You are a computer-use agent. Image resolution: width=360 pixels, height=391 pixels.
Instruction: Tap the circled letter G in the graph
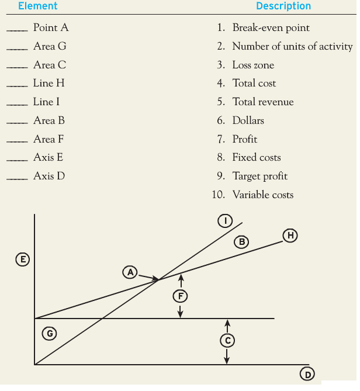pyautogui.click(x=50, y=333)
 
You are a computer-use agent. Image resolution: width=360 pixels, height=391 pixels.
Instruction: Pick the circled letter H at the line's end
pyautogui.click(x=290, y=236)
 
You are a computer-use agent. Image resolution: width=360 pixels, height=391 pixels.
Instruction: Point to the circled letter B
pyautogui.click(x=241, y=241)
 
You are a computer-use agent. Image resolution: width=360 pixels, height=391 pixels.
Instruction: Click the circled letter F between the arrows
pyautogui.click(x=181, y=296)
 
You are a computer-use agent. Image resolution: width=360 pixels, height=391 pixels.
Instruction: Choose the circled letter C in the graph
pyautogui.click(x=228, y=340)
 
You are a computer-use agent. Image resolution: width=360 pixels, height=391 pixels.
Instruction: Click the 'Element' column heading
pyautogui.click(x=38, y=6)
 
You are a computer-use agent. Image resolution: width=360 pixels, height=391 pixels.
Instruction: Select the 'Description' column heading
pyautogui.click(x=283, y=6)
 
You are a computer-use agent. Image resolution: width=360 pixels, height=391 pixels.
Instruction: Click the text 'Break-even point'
pyautogui.click(x=271, y=27)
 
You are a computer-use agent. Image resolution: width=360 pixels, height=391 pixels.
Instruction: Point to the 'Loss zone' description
pyautogui.click(x=253, y=65)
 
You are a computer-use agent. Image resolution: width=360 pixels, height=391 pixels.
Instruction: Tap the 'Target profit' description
pyautogui.click(x=259, y=176)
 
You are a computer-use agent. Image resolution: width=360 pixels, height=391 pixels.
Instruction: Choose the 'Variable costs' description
pyautogui.click(x=262, y=195)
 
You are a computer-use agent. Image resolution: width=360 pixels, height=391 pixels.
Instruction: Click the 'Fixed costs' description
pyautogui.click(x=256, y=157)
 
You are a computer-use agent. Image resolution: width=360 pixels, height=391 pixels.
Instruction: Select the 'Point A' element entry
pyautogui.click(x=51, y=27)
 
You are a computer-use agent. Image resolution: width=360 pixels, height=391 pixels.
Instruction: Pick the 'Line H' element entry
pyautogui.click(x=49, y=83)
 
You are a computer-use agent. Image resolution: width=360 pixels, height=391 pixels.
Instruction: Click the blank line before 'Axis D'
pyautogui.click(x=16, y=178)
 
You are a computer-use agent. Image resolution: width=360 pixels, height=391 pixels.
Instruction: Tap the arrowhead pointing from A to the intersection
pyautogui.click(x=155, y=279)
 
